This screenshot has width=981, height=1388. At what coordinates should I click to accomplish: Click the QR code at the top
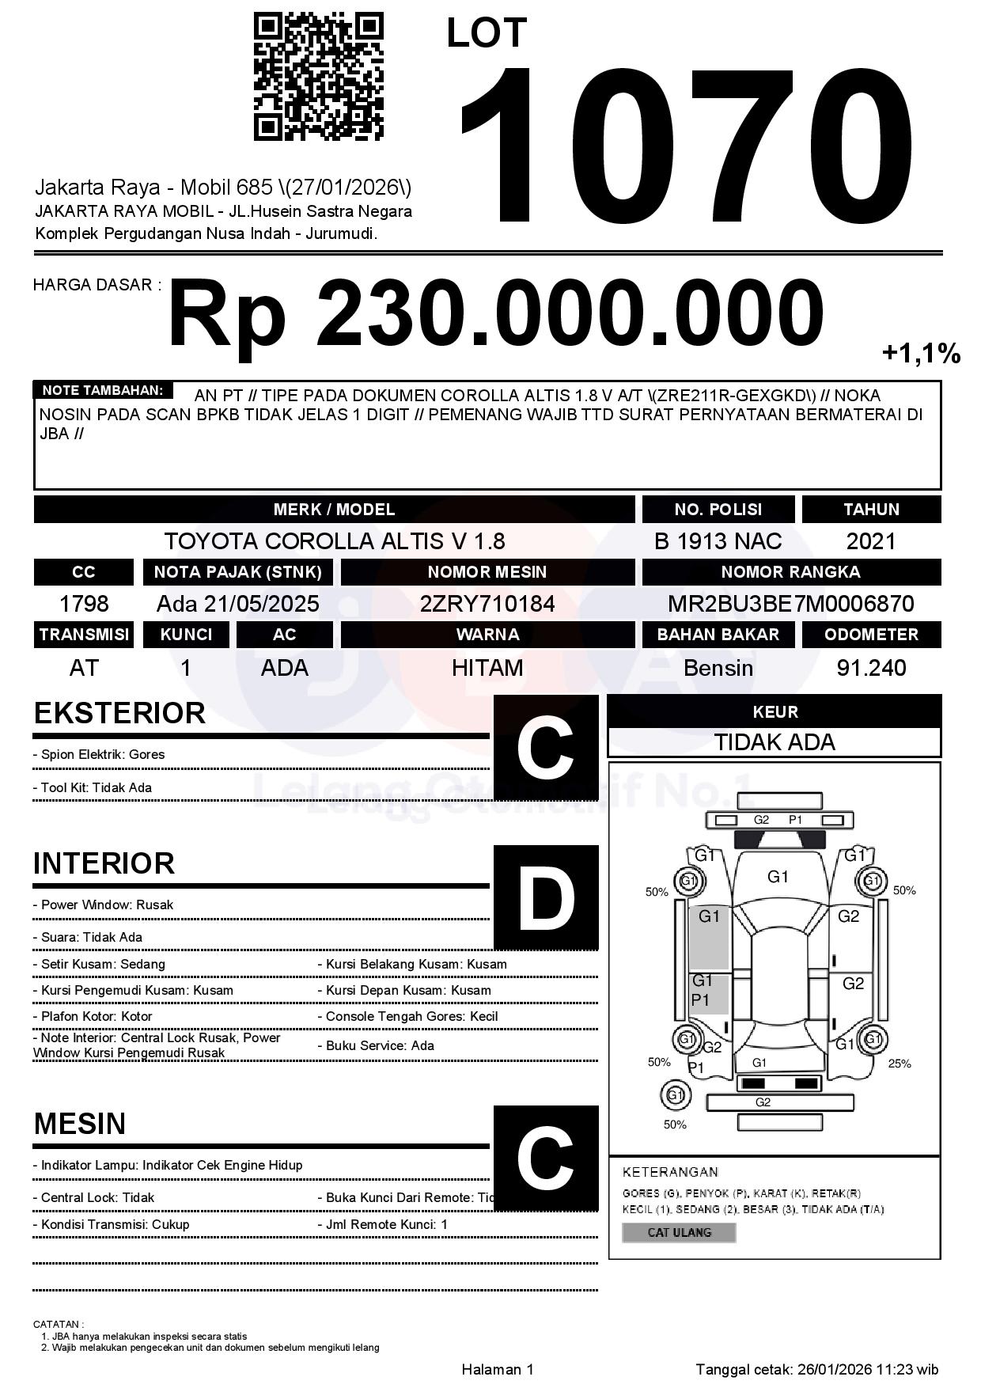point(319,76)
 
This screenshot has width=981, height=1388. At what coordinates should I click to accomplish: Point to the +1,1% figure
point(921,353)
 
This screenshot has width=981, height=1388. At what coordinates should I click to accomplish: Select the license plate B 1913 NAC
point(718,541)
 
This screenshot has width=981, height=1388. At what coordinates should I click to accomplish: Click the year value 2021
point(871,541)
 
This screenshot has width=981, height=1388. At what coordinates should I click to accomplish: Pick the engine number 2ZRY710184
point(487,604)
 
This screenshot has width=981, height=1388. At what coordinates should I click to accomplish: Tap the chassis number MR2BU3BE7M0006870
point(790,604)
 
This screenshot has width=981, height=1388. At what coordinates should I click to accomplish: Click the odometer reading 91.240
point(871,668)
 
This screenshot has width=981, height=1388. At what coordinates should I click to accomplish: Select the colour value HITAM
point(487,668)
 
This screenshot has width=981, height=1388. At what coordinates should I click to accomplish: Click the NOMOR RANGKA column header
point(790,571)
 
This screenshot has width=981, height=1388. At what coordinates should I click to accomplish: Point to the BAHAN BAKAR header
point(718,635)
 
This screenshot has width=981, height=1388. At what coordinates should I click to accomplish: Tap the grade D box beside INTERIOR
point(546,897)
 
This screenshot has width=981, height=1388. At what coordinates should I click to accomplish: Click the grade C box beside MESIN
point(546,1158)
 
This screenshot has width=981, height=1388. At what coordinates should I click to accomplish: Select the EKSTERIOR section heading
point(119,713)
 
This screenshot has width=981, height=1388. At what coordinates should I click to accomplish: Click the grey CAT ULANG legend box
point(679,1232)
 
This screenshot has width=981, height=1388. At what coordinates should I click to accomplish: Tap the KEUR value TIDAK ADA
point(775,742)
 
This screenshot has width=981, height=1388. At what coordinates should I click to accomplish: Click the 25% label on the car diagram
point(900,1064)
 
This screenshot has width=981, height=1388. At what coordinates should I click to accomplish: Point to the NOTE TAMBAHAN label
point(102,390)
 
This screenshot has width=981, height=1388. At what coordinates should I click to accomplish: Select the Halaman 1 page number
point(498,1369)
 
